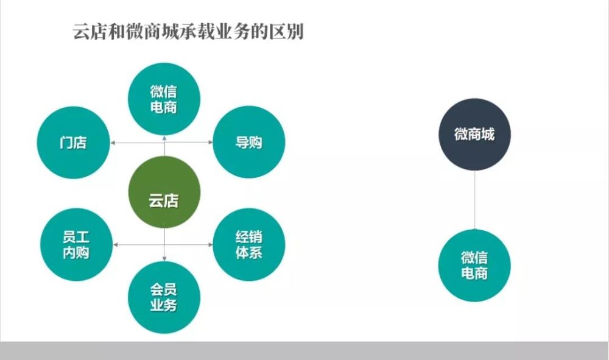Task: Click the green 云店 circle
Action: point(164,192)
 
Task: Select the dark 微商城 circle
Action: point(474,135)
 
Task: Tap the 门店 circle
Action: point(74,143)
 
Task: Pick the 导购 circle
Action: point(249,142)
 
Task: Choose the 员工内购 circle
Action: point(77,245)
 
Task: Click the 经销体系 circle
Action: point(249,245)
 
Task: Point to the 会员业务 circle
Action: point(164,297)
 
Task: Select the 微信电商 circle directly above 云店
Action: point(164,99)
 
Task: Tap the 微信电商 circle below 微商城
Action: point(474,265)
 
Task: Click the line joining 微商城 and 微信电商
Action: point(474,200)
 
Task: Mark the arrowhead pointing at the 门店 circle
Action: point(113,143)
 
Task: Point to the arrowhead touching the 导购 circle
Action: point(211,142)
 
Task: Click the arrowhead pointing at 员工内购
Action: point(115,245)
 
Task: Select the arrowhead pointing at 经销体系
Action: point(211,245)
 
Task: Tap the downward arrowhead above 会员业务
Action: point(164,259)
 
